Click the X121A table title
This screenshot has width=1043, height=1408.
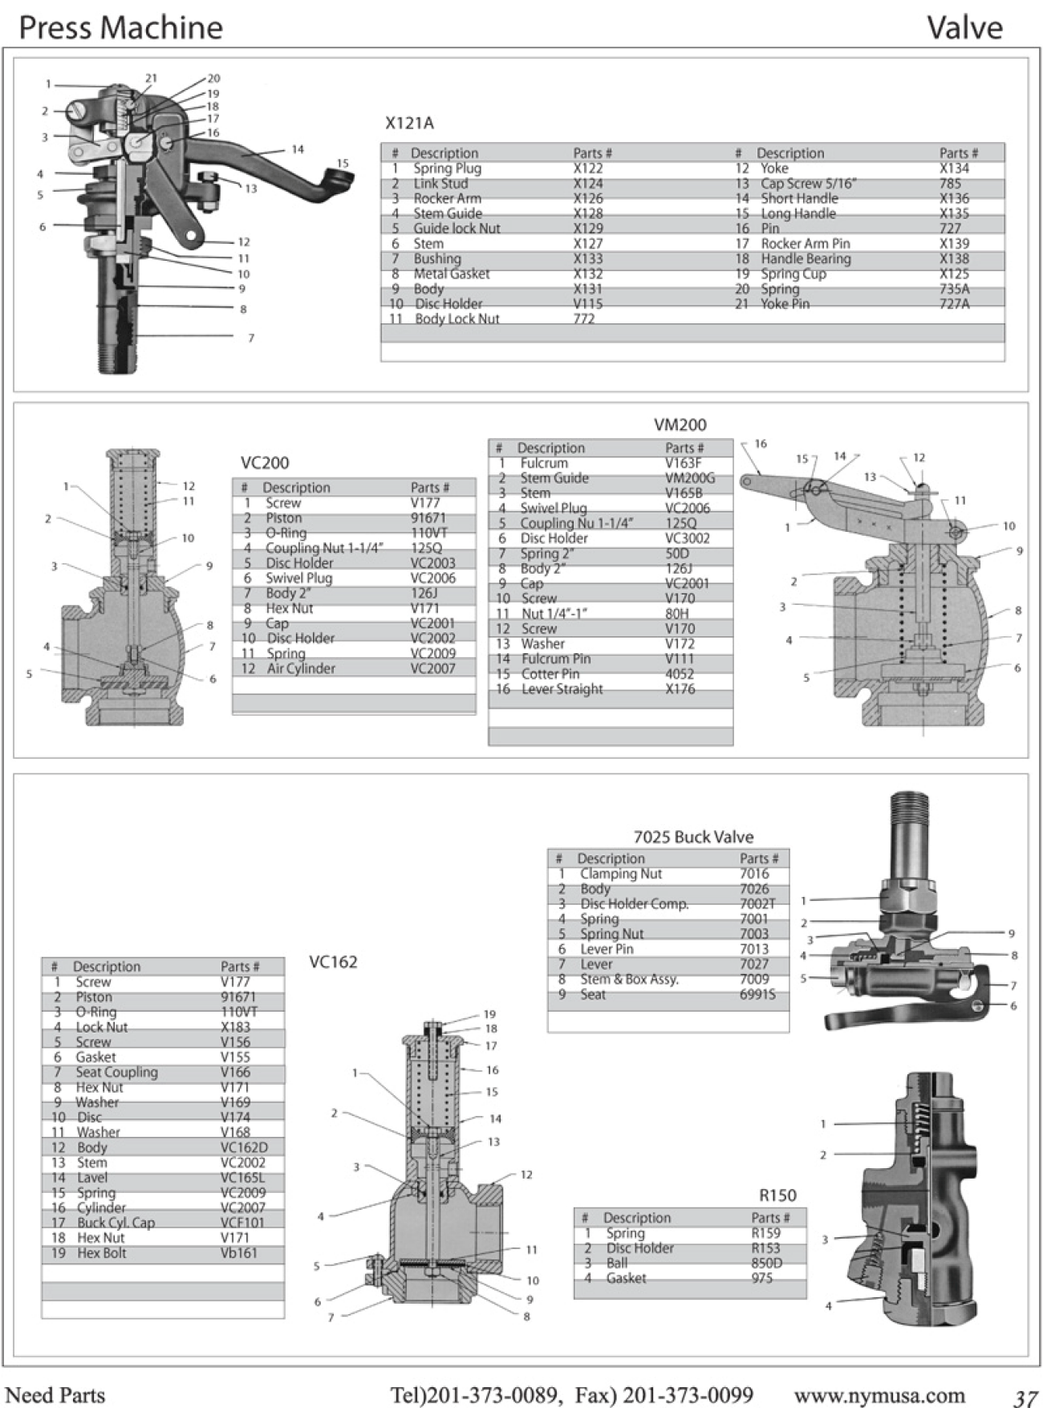pyautogui.click(x=409, y=123)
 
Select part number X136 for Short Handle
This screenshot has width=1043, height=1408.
pyautogui.click(x=954, y=198)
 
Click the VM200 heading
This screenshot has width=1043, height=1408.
pyautogui.click(x=680, y=425)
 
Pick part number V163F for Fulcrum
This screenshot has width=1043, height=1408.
pyautogui.click(x=683, y=463)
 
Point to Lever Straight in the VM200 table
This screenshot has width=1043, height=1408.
pyautogui.click(x=562, y=689)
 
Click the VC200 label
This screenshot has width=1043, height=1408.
pyautogui.click(x=265, y=463)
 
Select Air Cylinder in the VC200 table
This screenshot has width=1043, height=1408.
pyautogui.click(x=301, y=668)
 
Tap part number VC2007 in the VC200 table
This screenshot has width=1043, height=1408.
pyautogui.click(x=432, y=668)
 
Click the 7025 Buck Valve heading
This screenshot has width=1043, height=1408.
pyautogui.click(x=693, y=837)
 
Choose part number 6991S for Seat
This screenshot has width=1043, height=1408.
pyautogui.click(x=757, y=995)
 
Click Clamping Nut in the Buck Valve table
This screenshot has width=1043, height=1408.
pyautogui.click(x=620, y=874)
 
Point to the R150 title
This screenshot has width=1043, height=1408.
pyautogui.click(x=777, y=1195)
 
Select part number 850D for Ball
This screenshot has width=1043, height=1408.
pyautogui.click(x=766, y=1263)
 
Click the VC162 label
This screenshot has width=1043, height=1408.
pyautogui.click(x=333, y=961)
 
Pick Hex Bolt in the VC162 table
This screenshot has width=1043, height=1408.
pyautogui.click(x=101, y=1253)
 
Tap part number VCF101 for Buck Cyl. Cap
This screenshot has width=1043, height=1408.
pyautogui.click(x=242, y=1223)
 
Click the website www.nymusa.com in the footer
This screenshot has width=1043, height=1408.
pyautogui.click(x=879, y=1395)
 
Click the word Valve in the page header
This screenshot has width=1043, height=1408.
pyautogui.click(x=964, y=28)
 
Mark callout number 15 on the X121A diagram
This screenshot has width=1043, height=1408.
pyautogui.click(x=343, y=163)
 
